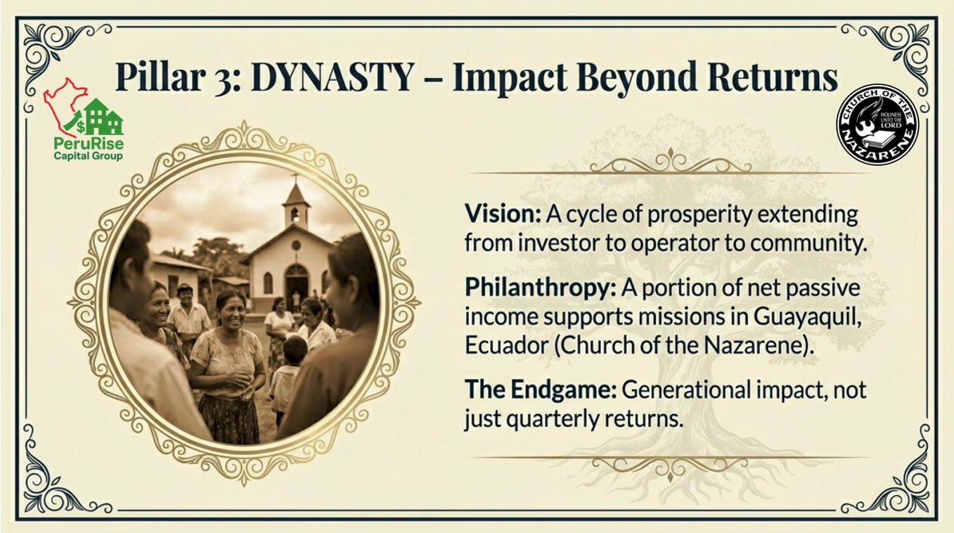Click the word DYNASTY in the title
coord(333,77)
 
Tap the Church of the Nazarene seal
coord(877,124)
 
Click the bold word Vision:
coord(503,214)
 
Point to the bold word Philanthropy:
coord(541,288)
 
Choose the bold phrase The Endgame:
coord(541,389)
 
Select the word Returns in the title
coord(772,77)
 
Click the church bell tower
coord(296,206)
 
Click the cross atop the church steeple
coord(295,177)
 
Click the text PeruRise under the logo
coord(89,144)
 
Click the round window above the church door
coord(295,245)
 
